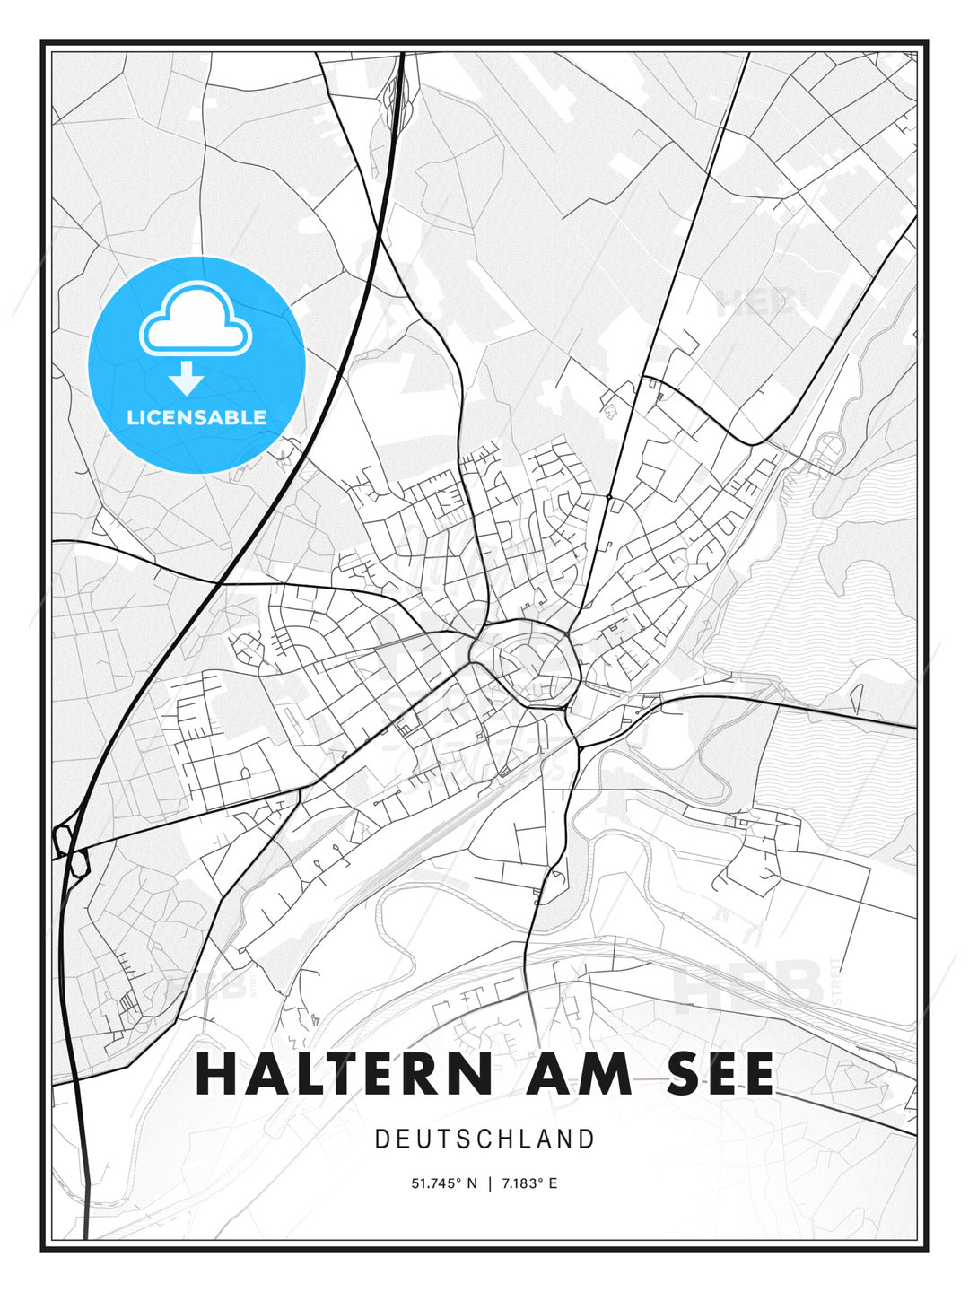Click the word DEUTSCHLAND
484,1139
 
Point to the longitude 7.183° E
529,1183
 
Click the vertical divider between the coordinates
489,1183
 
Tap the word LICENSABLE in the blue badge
196,417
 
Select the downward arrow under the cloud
186,380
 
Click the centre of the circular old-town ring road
528,662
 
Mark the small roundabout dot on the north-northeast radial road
608,496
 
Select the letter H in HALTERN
214,1073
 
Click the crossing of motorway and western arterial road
221,583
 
